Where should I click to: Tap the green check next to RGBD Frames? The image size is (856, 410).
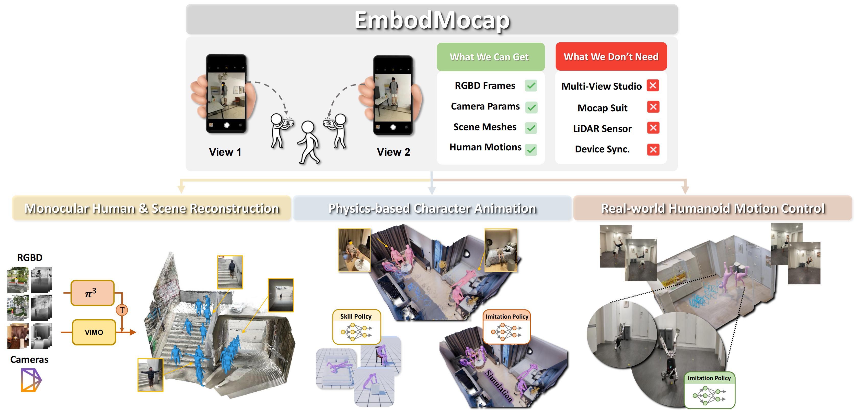tap(531, 86)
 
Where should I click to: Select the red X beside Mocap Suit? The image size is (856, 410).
tap(653, 107)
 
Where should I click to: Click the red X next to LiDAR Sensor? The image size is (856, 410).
tap(653, 128)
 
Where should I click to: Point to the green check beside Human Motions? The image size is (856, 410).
tap(531, 149)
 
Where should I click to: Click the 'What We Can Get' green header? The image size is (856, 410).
tap(490, 57)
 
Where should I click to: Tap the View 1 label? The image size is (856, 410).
tap(225, 152)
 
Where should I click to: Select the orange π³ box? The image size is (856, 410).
tap(92, 293)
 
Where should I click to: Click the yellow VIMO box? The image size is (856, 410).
tap(94, 332)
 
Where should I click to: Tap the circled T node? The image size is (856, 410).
tap(122, 310)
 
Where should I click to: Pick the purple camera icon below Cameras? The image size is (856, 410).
tap(31, 380)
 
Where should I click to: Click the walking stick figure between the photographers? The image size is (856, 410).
tap(309, 142)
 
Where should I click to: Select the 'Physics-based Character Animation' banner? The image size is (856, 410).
tap(432, 208)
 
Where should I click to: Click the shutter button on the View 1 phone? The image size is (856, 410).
tap(227, 125)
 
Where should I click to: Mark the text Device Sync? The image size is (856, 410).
tap(602, 149)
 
